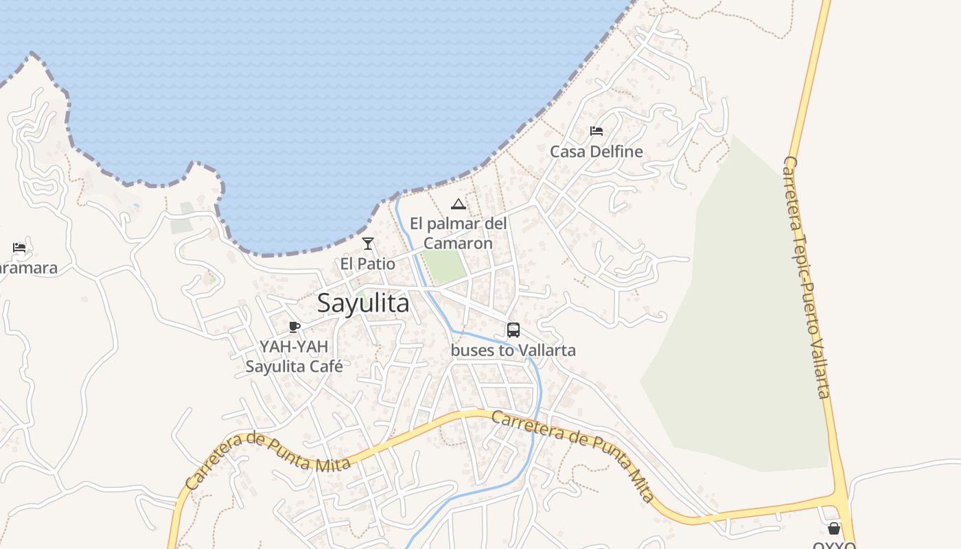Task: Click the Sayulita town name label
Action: click(363, 303)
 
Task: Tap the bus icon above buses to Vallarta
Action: click(513, 329)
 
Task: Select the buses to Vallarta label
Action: click(513, 350)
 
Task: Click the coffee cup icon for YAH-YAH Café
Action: click(294, 327)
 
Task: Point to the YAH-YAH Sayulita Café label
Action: click(294, 356)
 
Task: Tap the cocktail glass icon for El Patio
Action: click(368, 244)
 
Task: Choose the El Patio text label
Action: click(368, 264)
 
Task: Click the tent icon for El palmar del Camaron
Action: click(459, 204)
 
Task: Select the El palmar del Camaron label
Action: click(459, 233)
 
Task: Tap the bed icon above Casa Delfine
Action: click(597, 131)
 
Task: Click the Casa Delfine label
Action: click(597, 152)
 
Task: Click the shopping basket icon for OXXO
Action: click(834, 528)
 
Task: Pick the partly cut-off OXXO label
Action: click(834, 546)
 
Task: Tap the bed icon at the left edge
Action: click(19, 248)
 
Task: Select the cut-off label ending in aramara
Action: click(27, 268)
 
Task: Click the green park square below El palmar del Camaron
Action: click(443, 266)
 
